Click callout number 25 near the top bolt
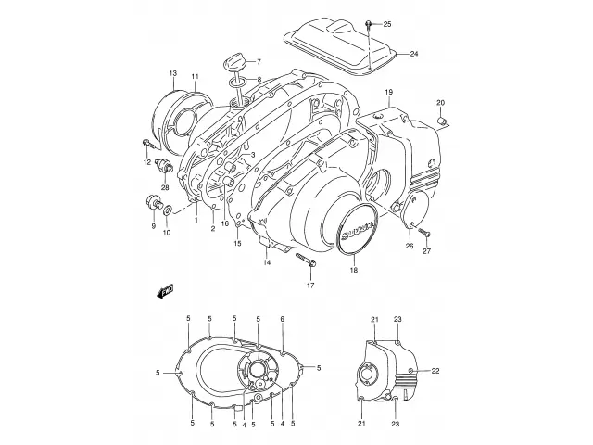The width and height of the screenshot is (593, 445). point(387,23)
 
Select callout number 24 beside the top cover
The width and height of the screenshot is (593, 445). point(413,54)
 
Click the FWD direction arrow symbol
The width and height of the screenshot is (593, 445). point(168,291)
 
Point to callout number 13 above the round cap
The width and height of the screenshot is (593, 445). point(173,73)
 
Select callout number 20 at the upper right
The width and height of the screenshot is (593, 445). point(441,102)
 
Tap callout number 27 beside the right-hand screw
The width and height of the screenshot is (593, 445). point(427,250)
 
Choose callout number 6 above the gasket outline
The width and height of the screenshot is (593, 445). point(282,319)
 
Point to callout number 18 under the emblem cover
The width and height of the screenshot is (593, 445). point(352,271)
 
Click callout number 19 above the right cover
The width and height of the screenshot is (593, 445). point(390,92)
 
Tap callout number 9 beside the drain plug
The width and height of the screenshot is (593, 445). point(153,225)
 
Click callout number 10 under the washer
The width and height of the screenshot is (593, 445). point(168,233)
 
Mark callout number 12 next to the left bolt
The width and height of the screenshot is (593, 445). point(146,164)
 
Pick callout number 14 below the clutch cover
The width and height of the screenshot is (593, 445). point(266,263)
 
